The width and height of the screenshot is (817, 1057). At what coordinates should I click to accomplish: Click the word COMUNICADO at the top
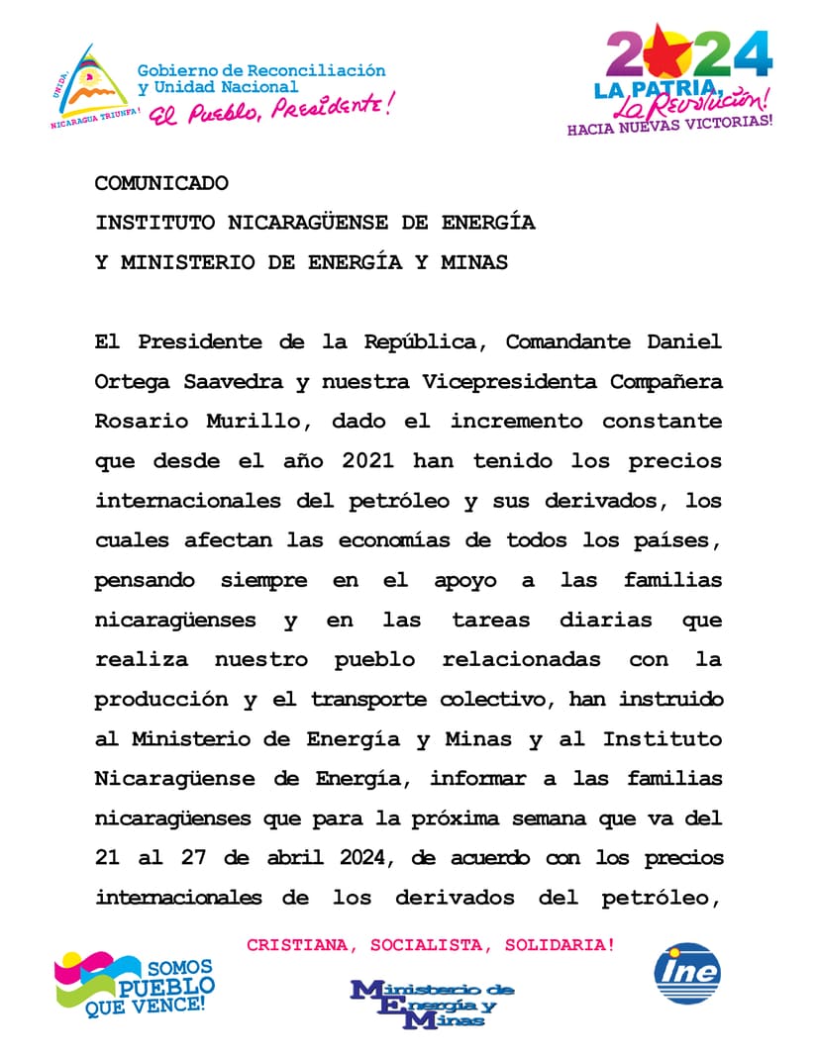(161, 183)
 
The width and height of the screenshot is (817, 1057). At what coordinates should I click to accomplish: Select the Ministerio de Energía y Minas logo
(432, 1004)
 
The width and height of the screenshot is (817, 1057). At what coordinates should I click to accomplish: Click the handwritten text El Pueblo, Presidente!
(269, 106)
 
